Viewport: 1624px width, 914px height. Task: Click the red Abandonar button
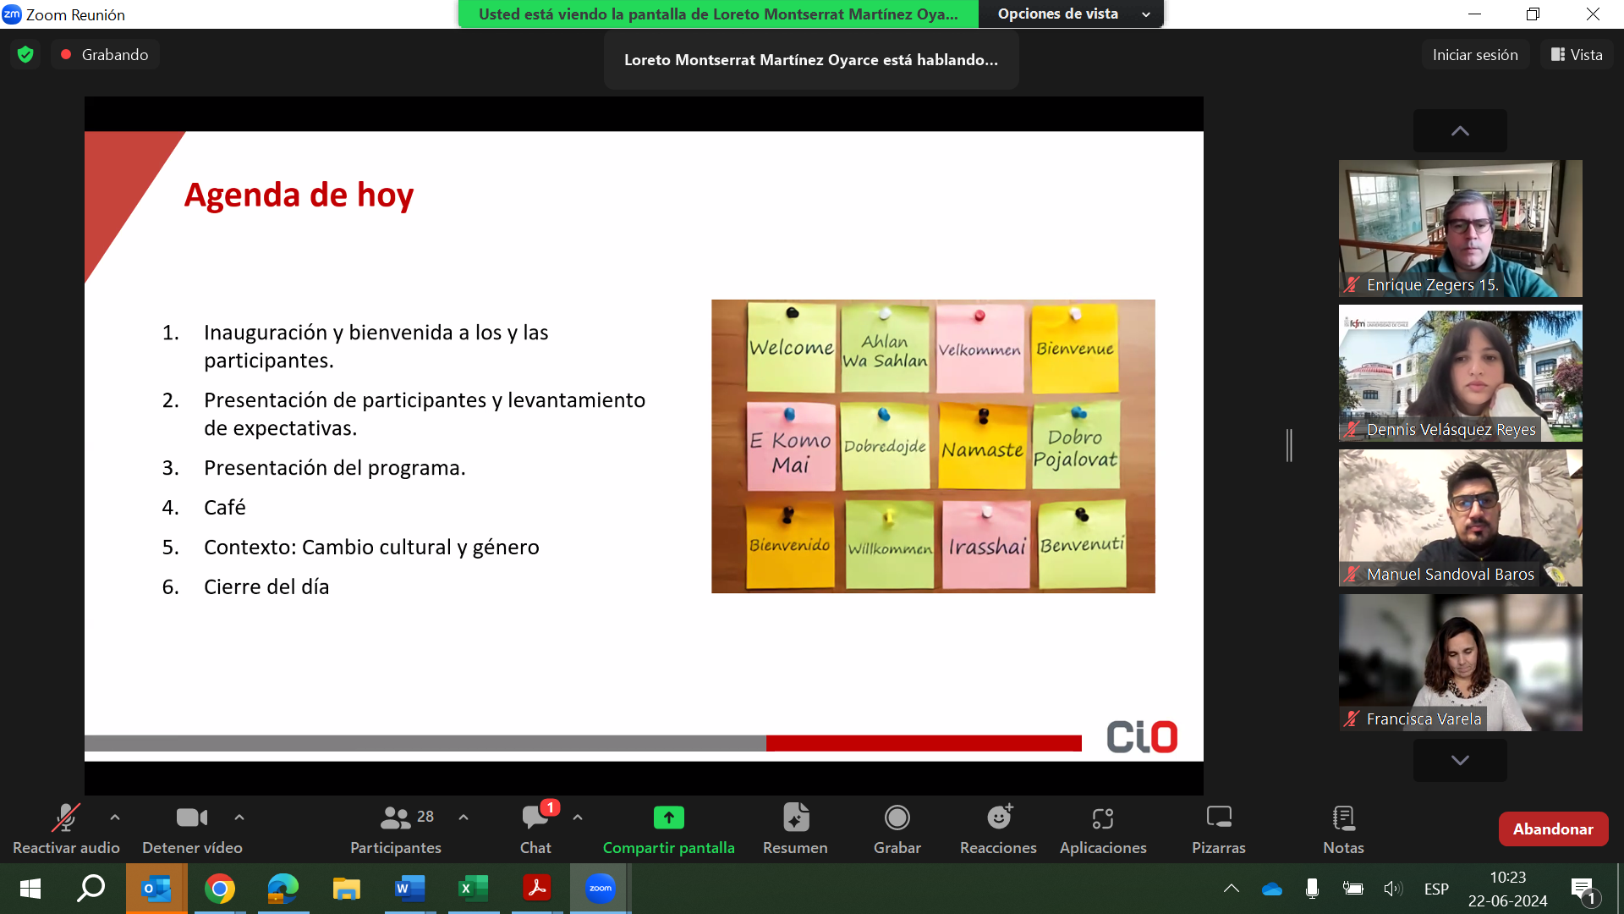coord(1553,829)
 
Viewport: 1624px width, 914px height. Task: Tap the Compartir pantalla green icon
coord(668,818)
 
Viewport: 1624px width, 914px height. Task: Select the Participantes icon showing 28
coord(406,818)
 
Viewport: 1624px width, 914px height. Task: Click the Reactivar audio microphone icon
coord(65,818)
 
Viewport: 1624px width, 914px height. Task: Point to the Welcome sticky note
coord(791,348)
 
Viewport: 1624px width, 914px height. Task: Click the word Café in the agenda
coord(225,508)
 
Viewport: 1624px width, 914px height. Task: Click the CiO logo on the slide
coord(1142,737)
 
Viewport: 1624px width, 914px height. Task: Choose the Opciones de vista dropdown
coord(1072,14)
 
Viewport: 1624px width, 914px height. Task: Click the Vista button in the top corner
coord(1577,54)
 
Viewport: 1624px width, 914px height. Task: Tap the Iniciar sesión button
coord(1475,54)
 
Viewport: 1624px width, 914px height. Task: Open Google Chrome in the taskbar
coord(220,889)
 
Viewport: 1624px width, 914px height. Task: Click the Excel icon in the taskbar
coord(473,889)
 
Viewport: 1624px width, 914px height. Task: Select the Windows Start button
coord(30,889)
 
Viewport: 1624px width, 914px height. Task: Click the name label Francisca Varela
coord(1424,719)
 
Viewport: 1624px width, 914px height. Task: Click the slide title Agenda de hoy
coord(299,195)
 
